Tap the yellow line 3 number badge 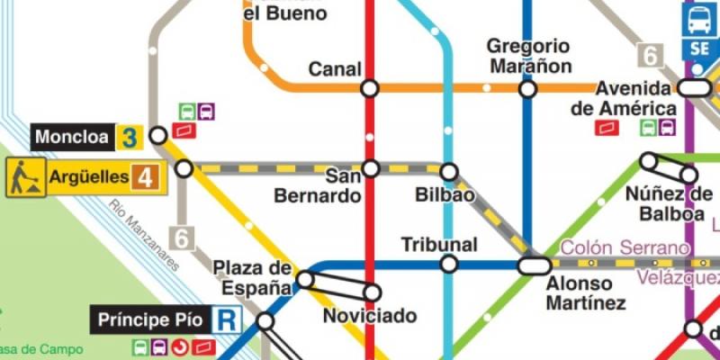[130, 138]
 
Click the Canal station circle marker [369, 88]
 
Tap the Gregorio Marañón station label [528, 56]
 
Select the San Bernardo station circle [371, 168]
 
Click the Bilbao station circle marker [448, 172]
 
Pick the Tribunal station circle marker [448, 264]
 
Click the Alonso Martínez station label [585, 292]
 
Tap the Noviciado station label [370, 316]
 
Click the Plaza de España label [253, 278]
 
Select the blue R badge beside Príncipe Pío [228, 319]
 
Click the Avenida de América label [621, 98]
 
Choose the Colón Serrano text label [625, 247]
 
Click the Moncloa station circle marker [158, 135]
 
